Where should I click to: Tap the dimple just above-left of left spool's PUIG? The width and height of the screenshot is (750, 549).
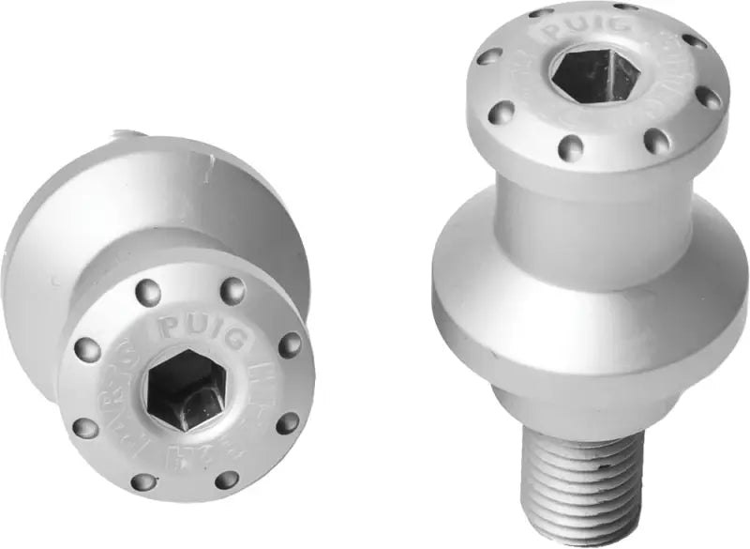pyautogui.click(x=147, y=293)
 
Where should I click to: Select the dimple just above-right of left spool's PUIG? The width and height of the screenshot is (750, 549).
pyautogui.click(x=232, y=291)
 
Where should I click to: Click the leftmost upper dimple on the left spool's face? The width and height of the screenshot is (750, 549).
pyautogui.click(x=87, y=350)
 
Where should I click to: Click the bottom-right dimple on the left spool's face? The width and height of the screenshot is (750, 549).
pyautogui.click(x=226, y=480)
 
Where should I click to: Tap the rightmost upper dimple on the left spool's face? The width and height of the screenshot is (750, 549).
pyautogui.click(x=290, y=344)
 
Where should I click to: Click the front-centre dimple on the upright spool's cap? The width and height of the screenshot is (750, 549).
pyautogui.click(x=570, y=147)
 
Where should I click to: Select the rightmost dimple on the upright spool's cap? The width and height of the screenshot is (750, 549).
pyautogui.click(x=709, y=99)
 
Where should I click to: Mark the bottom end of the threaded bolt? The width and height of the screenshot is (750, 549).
pyautogui.click(x=581, y=535)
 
